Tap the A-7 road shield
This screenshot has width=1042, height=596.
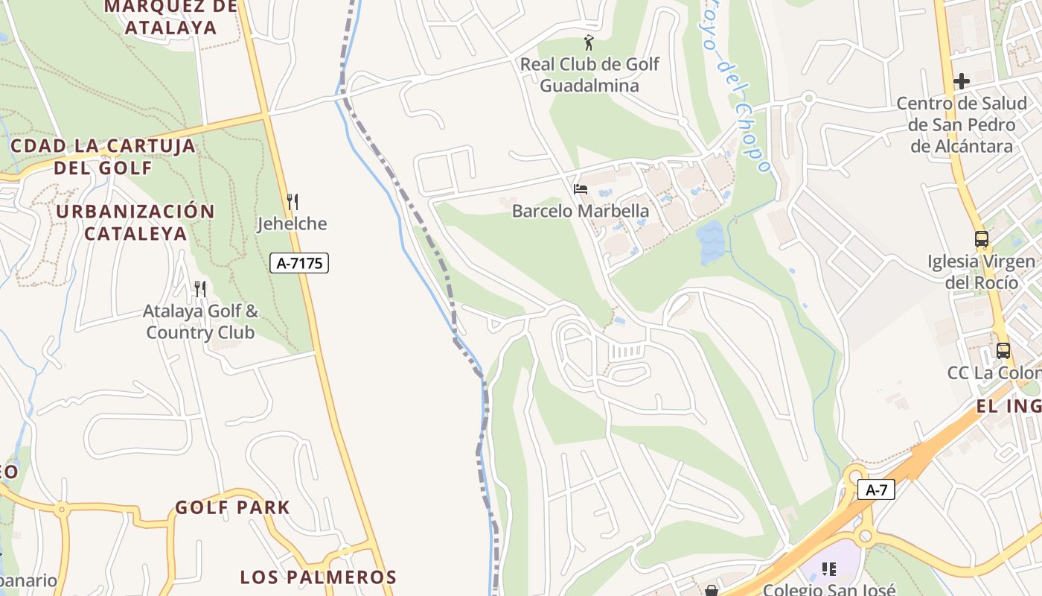point(875,489)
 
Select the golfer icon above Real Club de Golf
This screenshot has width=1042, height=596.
point(589,42)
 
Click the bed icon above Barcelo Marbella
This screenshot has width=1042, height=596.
point(581,189)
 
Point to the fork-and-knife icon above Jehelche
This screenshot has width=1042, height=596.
point(293,201)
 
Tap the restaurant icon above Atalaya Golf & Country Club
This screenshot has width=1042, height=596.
point(199,288)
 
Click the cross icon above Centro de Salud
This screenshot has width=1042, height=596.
point(962,81)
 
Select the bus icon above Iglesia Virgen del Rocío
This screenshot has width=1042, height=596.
point(982,239)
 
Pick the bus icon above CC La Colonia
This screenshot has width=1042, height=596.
point(1003,350)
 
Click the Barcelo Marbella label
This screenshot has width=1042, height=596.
point(581,211)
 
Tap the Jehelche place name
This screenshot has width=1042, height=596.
point(293,223)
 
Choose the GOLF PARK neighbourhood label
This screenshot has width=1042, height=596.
point(232,507)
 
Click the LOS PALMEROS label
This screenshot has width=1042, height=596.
point(318,577)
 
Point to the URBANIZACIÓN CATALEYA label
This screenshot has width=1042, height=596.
point(135,222)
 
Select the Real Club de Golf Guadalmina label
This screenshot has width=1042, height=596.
point(589,74)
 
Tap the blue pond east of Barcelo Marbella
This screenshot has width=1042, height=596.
point(711,241)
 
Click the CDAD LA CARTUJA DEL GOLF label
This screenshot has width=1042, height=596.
point(103,156)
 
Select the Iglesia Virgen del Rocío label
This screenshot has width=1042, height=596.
point(981,272)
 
